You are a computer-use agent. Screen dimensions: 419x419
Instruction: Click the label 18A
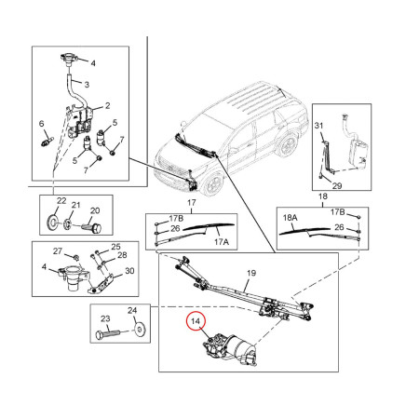[x=291, y=221]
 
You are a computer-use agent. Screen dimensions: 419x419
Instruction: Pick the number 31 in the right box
[x=317, y=127]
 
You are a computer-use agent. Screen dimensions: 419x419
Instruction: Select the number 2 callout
[x=108, y=105]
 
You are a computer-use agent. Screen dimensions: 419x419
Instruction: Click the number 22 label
[x=61, y=202]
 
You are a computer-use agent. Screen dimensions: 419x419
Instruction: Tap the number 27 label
[x=57, y=251]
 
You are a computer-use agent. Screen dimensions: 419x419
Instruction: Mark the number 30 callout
[x=129, y=271]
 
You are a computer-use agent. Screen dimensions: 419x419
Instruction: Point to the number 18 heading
[x=323, y=198]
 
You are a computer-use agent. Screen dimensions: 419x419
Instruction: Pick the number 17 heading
[x=193, y=203]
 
